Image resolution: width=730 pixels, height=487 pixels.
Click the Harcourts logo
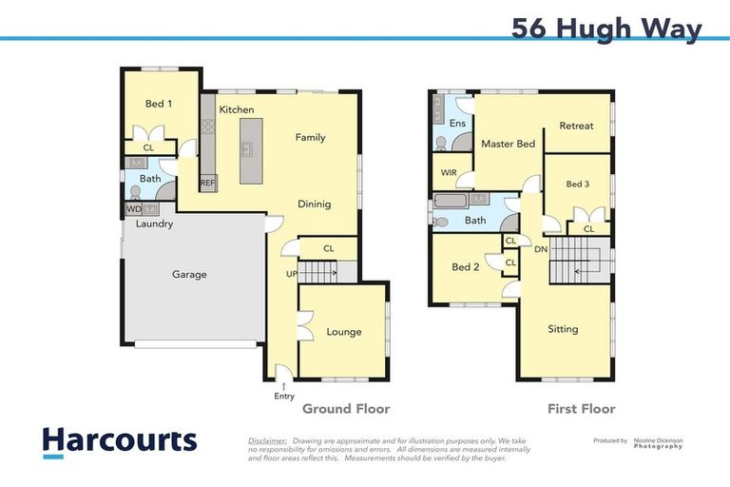pos(119,440)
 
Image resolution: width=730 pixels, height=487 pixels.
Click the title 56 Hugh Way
pos(606,28)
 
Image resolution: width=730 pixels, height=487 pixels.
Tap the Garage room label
pos(189,275)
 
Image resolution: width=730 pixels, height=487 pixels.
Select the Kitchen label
pos(237,110)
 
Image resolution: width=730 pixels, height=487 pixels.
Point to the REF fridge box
pos(207,183)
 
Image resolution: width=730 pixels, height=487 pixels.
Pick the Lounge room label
pos(344,332)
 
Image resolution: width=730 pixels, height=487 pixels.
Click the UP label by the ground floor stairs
pos(292,275)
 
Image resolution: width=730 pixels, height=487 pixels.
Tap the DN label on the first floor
pos(541,249)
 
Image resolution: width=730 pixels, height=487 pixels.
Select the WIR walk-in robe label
pos(449,173)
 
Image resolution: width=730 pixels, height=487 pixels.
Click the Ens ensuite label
pos(457,124)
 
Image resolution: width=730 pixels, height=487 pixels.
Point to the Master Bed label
pos(508,145)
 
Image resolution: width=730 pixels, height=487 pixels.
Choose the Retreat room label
pos(576,126)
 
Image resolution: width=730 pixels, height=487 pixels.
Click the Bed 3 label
pos(578,184)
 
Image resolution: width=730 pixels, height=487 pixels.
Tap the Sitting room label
pos(563,329)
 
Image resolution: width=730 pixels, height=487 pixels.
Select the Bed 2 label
pos(465,267)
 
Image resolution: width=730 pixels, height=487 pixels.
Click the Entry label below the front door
pos(283,396)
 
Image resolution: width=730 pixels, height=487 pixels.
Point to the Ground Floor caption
pos(346,409)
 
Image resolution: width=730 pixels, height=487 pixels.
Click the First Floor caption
pos(581,409)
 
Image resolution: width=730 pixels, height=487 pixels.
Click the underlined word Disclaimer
pos(267,441)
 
